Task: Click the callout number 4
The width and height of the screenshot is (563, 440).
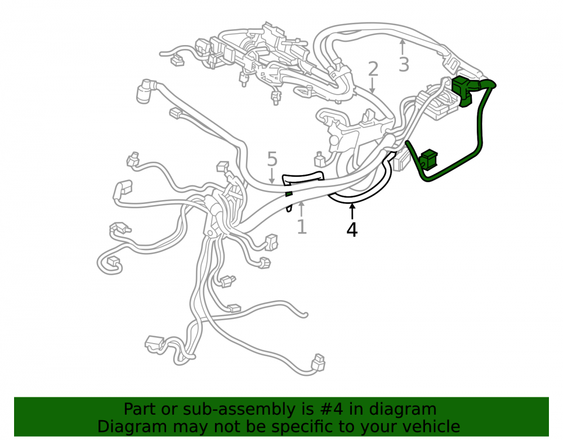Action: (x=352, y=230)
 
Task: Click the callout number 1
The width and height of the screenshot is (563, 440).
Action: (x=302, y=227)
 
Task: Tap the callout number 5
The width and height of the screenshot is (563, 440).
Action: (x=272, y=159)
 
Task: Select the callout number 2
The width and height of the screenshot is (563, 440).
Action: (x=373, y=69)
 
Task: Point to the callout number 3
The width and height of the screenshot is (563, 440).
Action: (x=404, y=65)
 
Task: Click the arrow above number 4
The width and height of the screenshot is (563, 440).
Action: (x=352, y=211)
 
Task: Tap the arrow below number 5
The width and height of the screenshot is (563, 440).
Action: (x=272, y=176)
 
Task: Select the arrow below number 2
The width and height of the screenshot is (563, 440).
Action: (x=372, y=86)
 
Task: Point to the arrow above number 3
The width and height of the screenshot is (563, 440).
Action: (x=403, y=47)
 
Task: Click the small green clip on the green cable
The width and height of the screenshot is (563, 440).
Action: (x=428, y=159)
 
